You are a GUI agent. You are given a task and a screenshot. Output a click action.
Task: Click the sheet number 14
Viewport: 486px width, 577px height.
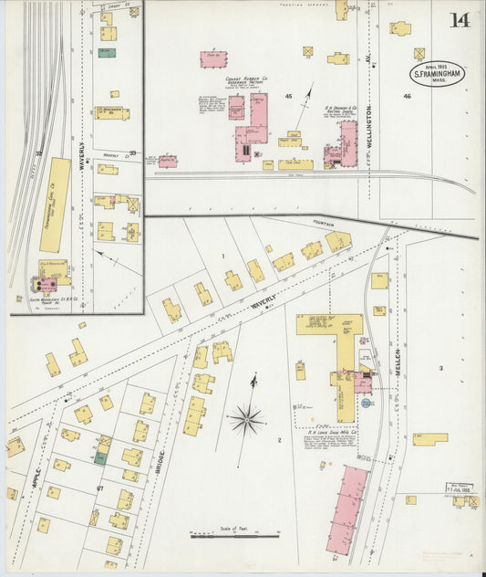point(460,20)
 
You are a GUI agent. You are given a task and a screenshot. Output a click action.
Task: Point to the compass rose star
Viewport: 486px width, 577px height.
point(246,420)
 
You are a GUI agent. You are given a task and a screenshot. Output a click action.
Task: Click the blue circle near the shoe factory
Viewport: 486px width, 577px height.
point(366,401)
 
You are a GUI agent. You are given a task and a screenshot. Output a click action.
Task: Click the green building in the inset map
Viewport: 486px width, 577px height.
point(107,53)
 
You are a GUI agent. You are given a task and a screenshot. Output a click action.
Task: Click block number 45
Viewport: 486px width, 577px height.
point(288,96)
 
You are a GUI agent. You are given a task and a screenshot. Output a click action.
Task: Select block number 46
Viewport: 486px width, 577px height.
point(408,95)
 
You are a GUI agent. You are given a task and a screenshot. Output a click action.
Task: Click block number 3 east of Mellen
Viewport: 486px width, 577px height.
point(439,368)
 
